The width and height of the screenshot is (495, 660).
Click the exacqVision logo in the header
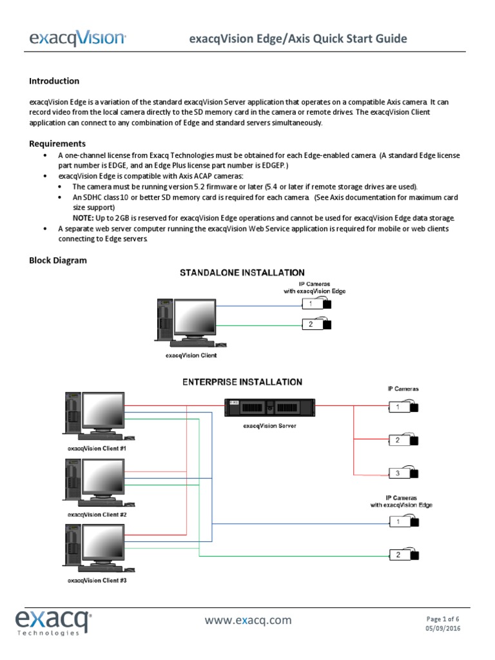[x=77, y=39]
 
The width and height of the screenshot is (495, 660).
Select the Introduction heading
[x=54, y=81]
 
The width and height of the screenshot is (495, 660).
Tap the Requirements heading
[x=57, y=144]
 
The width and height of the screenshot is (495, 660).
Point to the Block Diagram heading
[x=58, y=260]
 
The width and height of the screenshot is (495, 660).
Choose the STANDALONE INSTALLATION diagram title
[x=242, y=273]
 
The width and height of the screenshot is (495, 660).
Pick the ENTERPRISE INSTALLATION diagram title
[x=242, y=382]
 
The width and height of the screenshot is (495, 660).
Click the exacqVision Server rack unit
[x=269, y=407]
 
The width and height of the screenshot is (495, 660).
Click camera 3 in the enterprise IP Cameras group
[x=403, y=474]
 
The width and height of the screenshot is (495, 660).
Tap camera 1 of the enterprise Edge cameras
[x=403, y=521]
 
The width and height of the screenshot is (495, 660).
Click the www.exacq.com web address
[x=248, y=621]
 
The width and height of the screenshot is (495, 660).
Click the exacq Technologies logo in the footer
[x=54, y=623]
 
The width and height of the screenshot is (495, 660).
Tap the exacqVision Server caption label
[x=269, y=426]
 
